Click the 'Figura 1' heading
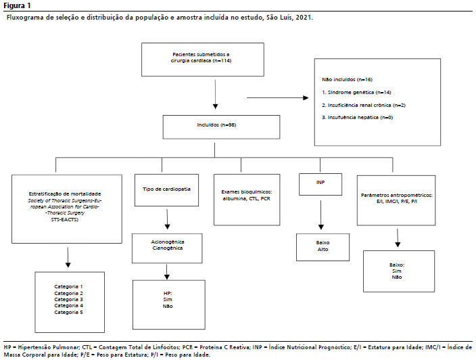point(17,5)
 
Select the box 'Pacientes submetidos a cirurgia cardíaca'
point(202,60)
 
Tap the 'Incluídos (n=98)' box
point(221,127)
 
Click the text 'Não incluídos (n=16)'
point(347,80)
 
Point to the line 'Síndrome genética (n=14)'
point(356,92)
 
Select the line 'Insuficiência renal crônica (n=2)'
point(364,105)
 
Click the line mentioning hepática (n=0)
point(357,118)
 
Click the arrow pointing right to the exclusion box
point(278,98)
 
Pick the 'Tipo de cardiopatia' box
point(166,190)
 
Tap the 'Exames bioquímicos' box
point(247,200)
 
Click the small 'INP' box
point(320,185)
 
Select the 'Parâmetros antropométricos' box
point(396,200)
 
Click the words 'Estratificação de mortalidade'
point(65,194)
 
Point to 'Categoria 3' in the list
point(68,300)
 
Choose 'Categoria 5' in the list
point(68,313)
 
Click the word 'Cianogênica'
point(168,248)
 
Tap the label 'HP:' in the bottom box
point(168,294)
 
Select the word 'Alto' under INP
point(323,250)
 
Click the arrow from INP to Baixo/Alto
point(321,215)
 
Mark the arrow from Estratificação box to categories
point(68,257)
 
